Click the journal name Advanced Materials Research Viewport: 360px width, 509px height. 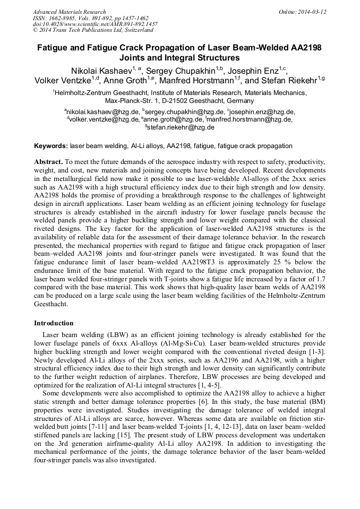coord(69,12)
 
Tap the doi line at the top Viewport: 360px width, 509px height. coord(95,24)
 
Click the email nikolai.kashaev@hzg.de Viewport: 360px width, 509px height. coord(102,112)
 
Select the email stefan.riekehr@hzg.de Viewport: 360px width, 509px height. coord(181,127)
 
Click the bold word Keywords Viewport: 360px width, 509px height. coord(51,146)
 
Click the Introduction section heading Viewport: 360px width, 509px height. coord(54,323)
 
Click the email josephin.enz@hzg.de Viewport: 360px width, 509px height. coord(262,112)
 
